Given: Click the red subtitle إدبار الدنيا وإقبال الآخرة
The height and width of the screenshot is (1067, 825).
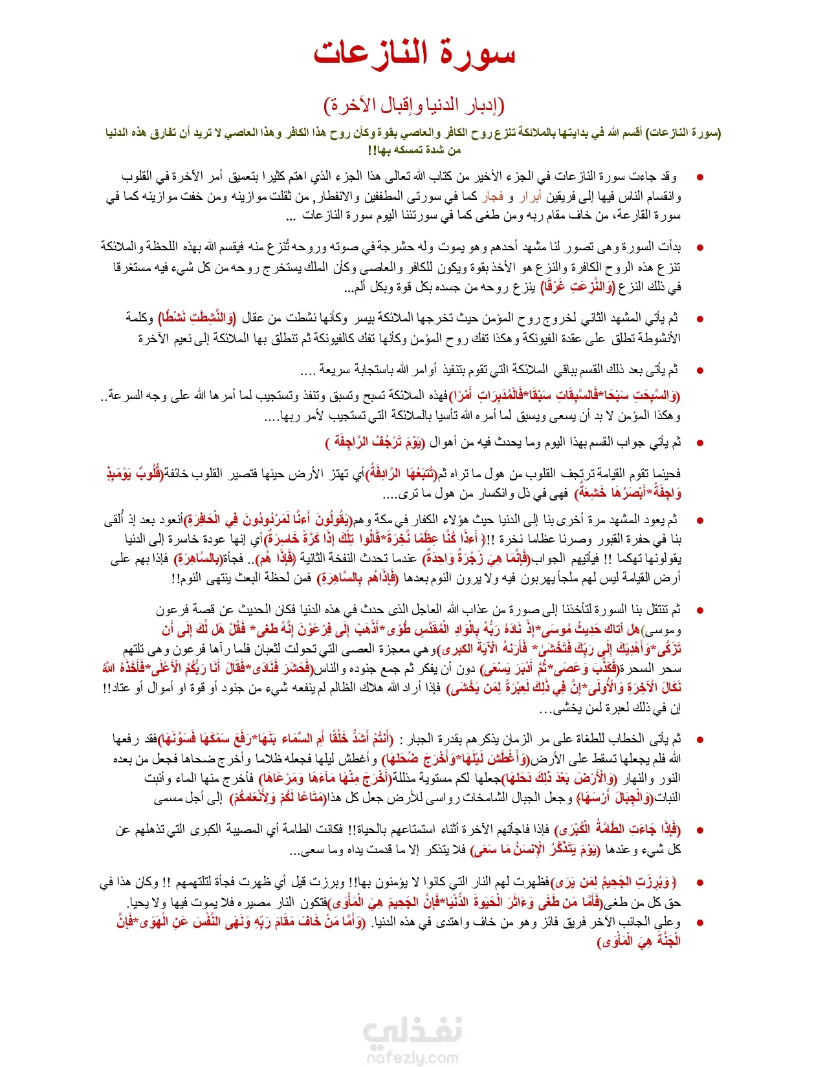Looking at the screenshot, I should (414, 105).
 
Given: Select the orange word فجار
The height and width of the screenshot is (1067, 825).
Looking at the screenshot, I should (492, 196).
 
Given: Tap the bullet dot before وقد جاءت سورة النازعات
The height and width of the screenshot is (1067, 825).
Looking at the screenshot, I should (699, 177).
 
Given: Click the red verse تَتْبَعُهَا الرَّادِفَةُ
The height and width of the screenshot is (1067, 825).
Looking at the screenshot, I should (401, 474).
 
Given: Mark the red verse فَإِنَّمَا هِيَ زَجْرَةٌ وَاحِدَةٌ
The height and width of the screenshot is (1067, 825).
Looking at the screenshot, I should (475, 559).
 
